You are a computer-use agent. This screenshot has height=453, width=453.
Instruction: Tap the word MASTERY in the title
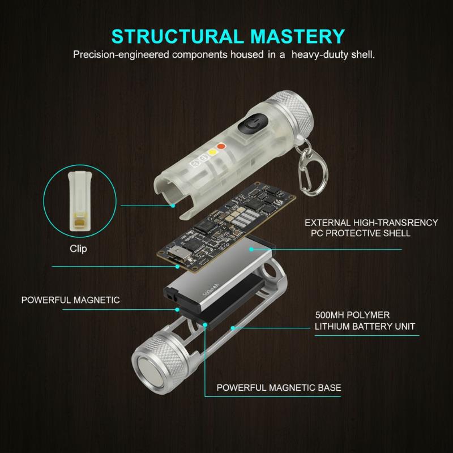coord(298,36)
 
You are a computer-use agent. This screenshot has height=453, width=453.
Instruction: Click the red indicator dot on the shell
coord(221,146)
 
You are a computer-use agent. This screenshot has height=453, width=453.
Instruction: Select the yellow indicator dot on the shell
coord(212,152)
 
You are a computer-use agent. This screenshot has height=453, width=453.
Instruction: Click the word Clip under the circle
coord(78,249)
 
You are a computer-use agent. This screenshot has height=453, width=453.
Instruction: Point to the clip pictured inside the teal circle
coord(80,202)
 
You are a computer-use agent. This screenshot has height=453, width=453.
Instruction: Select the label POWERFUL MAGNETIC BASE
coord(279,387)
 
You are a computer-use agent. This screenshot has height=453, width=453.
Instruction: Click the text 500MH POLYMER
coord(352,315)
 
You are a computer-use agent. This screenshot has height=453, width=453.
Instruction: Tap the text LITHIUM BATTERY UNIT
coord(365,326)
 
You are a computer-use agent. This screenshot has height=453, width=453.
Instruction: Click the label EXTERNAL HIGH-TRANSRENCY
coord(371,223)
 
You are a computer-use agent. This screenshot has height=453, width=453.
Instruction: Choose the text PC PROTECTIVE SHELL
coord(361,233)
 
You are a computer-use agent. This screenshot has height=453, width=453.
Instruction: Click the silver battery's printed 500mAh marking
coord(211,290)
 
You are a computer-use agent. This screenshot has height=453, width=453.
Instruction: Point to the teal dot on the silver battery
coord(251,249)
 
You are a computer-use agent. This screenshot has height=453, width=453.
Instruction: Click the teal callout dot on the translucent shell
coord(173,206)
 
